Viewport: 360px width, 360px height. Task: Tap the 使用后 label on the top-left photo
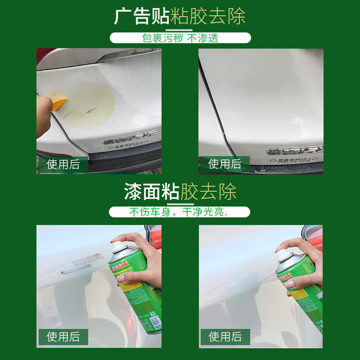64,164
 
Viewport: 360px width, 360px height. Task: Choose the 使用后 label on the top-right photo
224,164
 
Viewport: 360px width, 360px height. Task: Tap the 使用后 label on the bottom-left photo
64,336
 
